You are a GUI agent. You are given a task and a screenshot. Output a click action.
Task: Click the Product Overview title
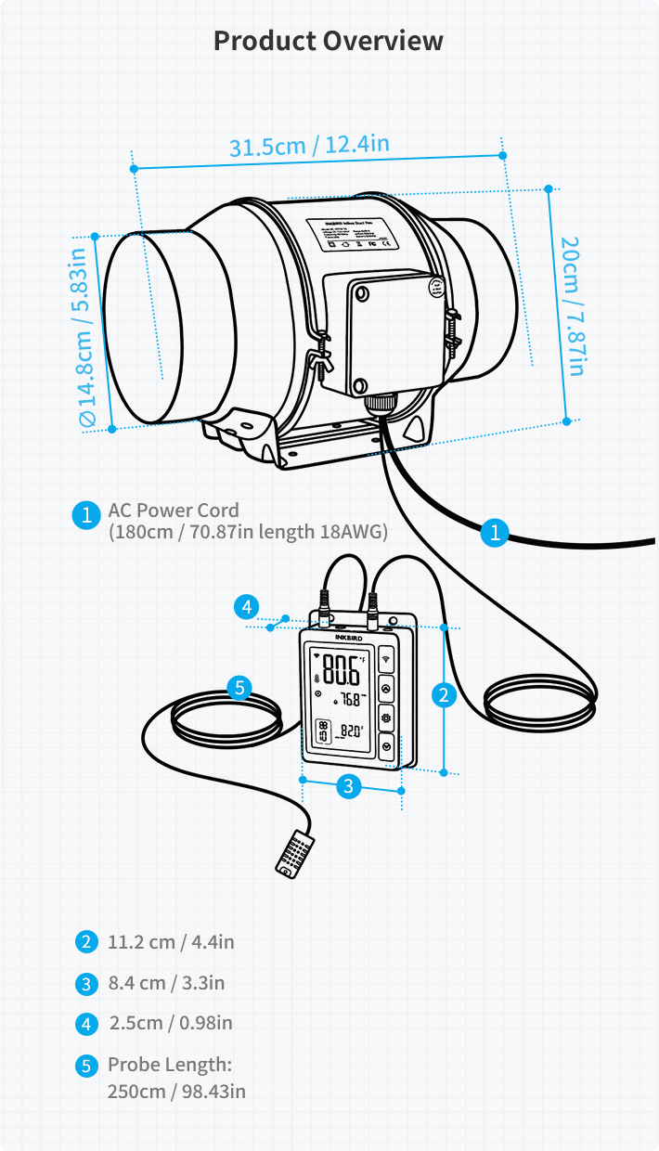[x=329, y=41]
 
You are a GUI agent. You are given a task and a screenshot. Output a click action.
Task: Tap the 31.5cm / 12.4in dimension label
[x=309, y=147]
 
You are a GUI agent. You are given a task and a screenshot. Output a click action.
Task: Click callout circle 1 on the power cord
[x=495, y=533]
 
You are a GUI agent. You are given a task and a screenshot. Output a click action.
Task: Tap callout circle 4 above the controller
[x=245, y=607]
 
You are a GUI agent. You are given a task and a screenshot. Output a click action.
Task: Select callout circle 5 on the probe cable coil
[x=239, y=688]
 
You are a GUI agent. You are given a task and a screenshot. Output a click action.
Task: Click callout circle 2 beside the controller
[x=445, y=695]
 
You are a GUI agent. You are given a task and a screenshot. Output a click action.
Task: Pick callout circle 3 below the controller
[x=348, y=786]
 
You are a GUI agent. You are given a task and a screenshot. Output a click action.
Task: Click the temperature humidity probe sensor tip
[x=295, y=851]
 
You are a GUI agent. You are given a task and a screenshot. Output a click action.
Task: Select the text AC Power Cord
[x=174, y=510]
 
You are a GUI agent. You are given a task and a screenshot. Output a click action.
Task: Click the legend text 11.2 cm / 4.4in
[x=171, y=942]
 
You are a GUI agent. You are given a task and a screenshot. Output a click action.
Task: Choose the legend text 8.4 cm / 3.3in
[x=166, y=983]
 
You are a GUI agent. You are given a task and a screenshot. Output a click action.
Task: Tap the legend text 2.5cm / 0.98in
[x=171, y=1024]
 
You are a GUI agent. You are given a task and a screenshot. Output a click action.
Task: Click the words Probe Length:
[x=169, y=1065]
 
